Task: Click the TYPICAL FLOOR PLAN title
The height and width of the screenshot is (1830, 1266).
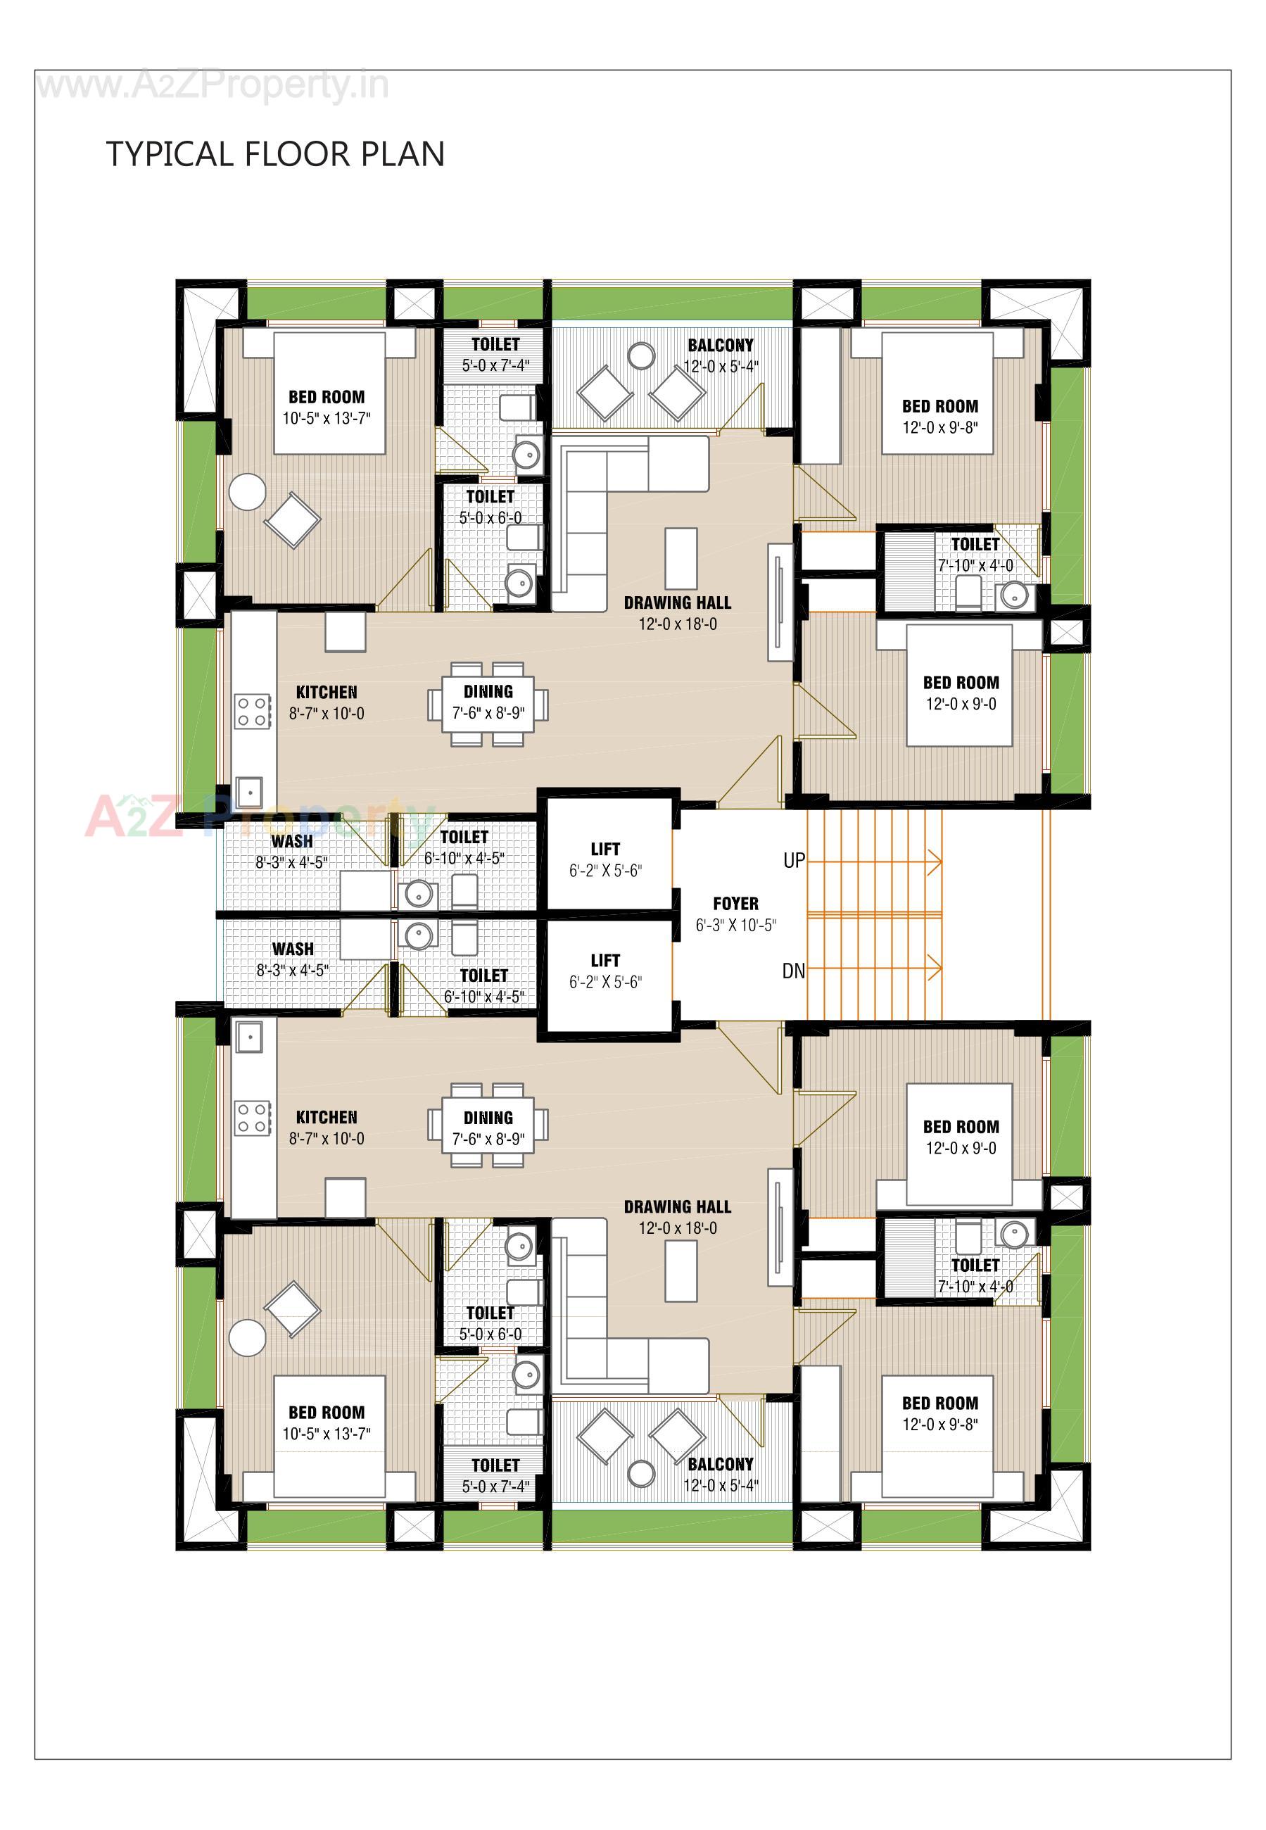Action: [x=275, y=154]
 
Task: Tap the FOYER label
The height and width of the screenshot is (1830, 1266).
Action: [x=735, y=904]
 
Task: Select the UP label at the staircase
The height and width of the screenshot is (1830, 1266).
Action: [x=793, y=861]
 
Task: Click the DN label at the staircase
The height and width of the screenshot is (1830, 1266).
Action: [x=793, y=971]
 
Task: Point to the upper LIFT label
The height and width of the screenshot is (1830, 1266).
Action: [x=605, y=849]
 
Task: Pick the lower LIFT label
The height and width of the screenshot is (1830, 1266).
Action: [x=605, y=961]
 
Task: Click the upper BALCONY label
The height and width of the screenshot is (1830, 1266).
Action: [x=720, y=345]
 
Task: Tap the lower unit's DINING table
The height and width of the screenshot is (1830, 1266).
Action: [x=488, y=1125]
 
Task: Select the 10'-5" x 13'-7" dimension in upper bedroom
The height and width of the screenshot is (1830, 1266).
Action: [x=326, y=418]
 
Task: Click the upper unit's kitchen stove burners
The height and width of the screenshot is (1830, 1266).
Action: [x=252, y=711]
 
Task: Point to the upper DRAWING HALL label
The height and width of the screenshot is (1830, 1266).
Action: [x=678, y=603]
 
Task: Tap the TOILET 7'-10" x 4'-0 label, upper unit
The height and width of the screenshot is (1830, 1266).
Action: [x=975, y=555]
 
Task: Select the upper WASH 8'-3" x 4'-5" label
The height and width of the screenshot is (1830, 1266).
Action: [x=291, y=851]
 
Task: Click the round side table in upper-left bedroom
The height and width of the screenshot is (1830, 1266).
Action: [x=247, y=492]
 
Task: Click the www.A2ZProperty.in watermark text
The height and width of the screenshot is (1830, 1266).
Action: [x=213, y=86]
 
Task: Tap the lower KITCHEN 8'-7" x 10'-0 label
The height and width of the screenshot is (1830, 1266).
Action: [x=326, y=1127]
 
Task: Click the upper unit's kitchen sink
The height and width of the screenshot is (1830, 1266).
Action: [x=249, y=792]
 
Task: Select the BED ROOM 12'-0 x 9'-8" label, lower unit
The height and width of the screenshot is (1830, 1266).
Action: [x=940, y=1413]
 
